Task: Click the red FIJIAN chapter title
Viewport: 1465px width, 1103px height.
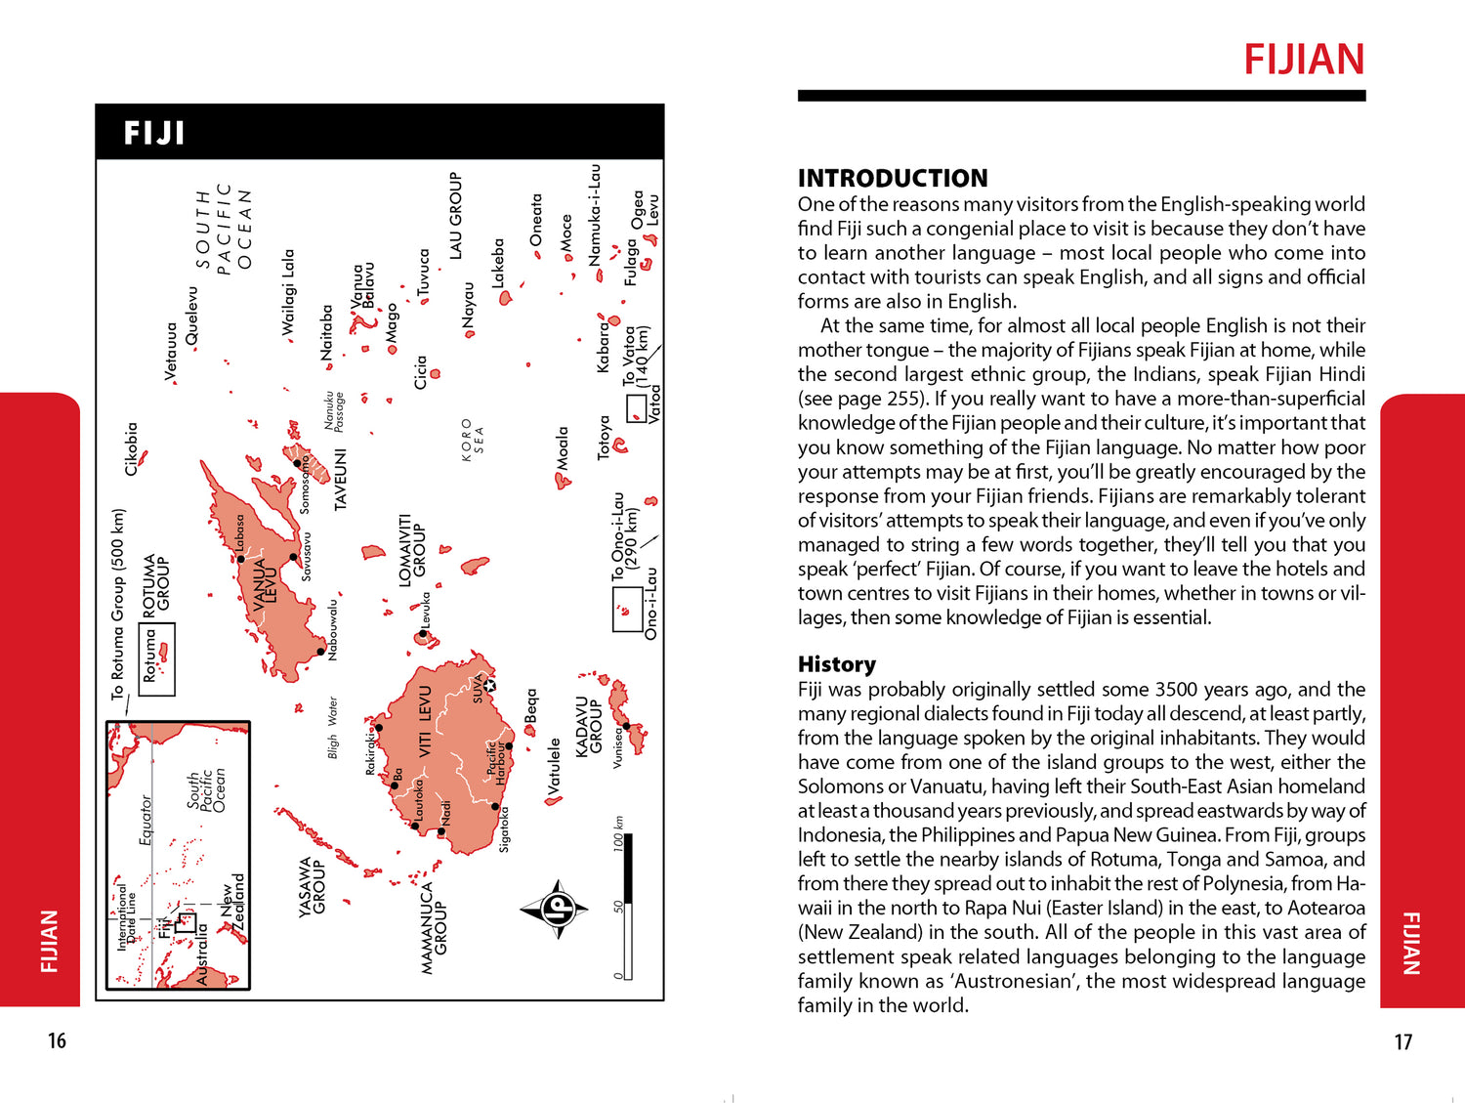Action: (1303, 60)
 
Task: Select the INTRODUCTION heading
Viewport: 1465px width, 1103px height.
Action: (892, 178)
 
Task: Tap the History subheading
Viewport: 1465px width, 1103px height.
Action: (836, 664)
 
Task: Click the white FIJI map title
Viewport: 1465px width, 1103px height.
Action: (154, 133)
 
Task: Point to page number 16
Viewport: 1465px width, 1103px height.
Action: (57, 1041)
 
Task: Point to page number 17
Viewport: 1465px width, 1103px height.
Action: (1402, 1042)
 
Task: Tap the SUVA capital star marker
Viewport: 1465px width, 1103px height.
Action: (489, 685)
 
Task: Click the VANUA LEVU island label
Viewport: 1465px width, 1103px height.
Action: (266, 584)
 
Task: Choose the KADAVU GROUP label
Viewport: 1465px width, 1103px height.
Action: (589, 726)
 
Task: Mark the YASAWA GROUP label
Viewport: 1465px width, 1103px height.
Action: (312, 886)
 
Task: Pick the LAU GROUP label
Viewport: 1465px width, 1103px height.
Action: (455, 216)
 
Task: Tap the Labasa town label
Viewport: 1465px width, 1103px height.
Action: (238, 533)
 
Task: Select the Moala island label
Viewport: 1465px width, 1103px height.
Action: (563, 447)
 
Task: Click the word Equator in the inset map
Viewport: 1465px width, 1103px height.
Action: (146, 819)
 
